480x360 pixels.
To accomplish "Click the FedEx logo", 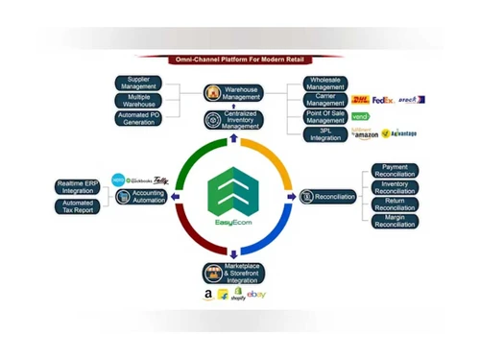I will coord(381,99).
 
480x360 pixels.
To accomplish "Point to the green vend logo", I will coord(360,116).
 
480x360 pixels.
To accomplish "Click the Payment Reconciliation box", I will coord(395,171).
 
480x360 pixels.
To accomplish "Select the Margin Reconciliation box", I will coord(395,221).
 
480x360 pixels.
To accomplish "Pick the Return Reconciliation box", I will coord(395,204).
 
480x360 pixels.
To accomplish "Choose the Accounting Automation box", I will coord(141,196).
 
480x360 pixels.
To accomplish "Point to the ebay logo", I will coord(256,294).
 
